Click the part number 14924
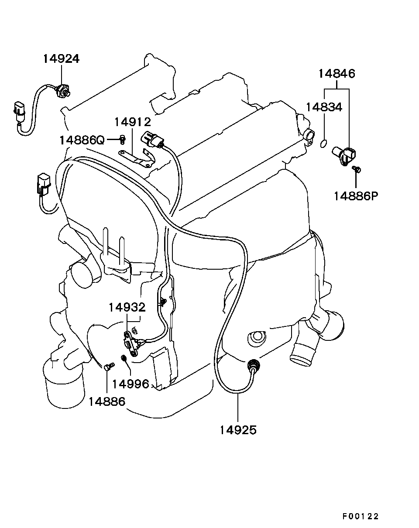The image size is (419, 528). (62, 59)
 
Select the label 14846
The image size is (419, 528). (337, 74)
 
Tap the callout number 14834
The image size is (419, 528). (324, 107)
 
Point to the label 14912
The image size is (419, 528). (133, 122)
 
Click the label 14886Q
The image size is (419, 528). (82, 141)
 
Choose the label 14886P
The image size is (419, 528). (356, 196)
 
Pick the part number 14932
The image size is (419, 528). (127, 307)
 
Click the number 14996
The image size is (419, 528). (131, 384)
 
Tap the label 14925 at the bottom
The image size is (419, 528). (238, 430)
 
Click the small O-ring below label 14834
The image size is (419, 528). (324, 143)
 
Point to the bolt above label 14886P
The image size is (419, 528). (357, 169)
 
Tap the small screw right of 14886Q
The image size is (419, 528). (123, 139)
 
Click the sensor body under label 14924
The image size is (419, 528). (63, 91)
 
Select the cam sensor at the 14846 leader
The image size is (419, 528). (344, 156)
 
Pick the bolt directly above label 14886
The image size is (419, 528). (109, 366)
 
